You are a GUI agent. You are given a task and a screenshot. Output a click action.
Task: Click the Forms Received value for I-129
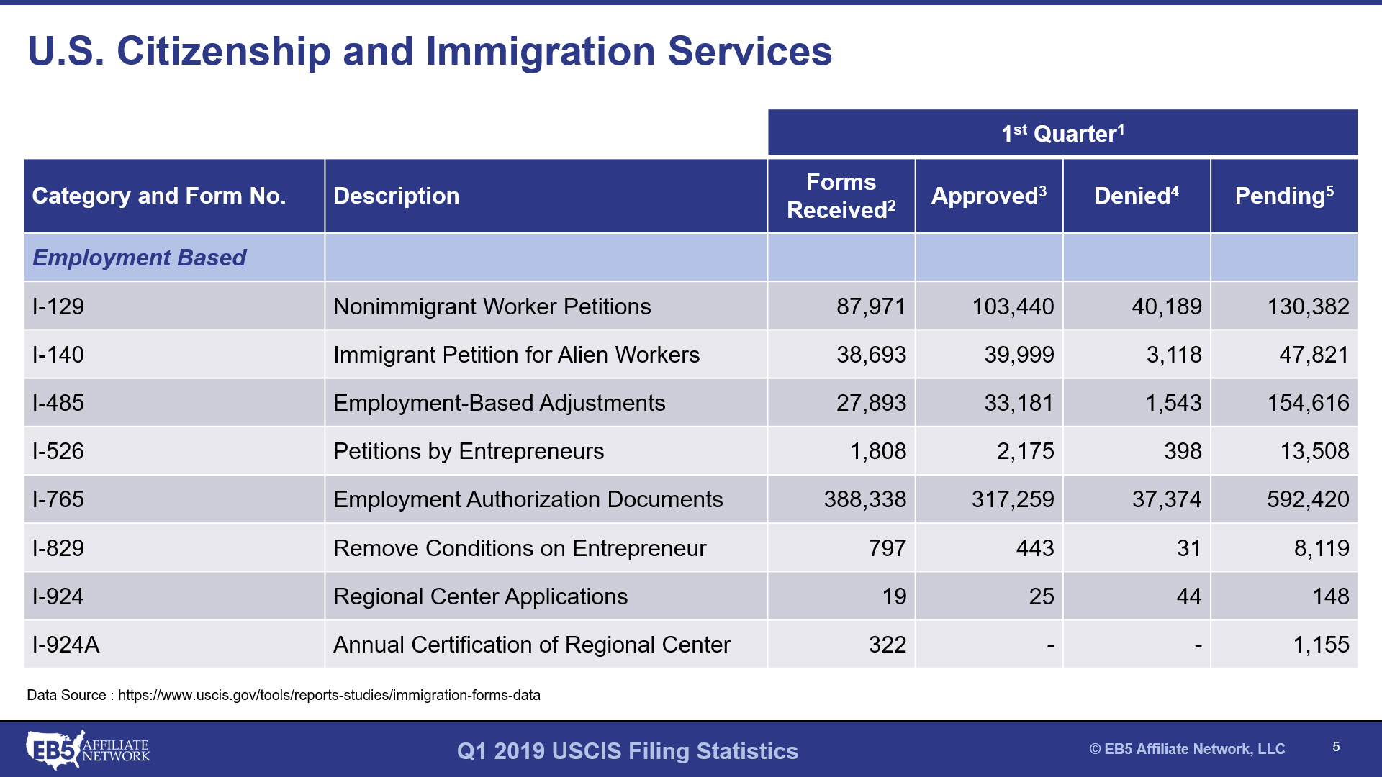tap(870, 306)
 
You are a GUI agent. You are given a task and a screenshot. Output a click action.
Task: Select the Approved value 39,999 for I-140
tap(1019, 355)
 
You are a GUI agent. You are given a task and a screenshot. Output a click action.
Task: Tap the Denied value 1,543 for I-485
tap(1173, 403)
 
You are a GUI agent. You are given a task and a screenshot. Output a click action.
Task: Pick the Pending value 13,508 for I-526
tap(1314, 451)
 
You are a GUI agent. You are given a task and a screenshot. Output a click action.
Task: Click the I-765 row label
tap(58, 499)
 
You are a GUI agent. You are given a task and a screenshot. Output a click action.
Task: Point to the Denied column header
tap(1136, 196)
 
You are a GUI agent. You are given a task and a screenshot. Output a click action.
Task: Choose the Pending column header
tap(1284, 196)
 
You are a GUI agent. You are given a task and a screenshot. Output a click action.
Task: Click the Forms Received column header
tap(841, 196)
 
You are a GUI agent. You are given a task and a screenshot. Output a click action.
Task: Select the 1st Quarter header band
tap(1062, 133)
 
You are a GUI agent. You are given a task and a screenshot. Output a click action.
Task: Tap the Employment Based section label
tap(139, 258)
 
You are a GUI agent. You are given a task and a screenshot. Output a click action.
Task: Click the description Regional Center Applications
tap(480, 596)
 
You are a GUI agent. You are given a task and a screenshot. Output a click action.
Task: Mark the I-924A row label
tap(66, 645)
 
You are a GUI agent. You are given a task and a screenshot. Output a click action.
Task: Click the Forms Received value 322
tap(887, 645)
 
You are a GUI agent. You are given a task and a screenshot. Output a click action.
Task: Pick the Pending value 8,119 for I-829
tap(1322, 548)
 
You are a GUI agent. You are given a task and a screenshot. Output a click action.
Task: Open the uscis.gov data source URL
tap(329, 695)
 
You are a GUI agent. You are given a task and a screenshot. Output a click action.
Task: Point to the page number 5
tap(1336, 747)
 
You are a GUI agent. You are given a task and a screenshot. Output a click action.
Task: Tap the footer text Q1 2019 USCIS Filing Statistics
tap(628, 751)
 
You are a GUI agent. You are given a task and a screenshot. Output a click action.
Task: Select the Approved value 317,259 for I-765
tap(1012, 499)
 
